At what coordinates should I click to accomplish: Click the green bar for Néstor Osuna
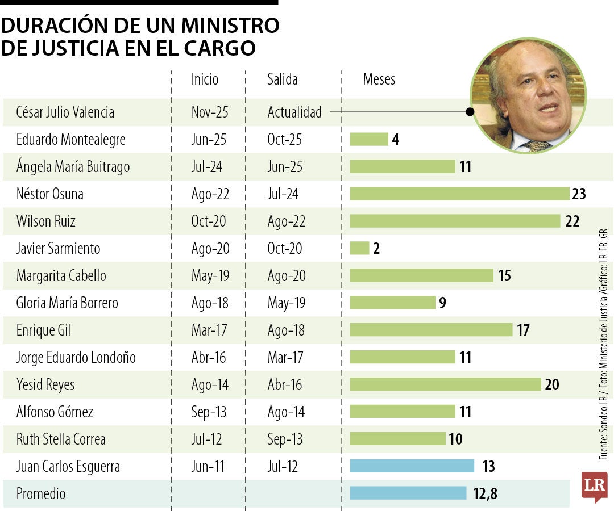point(459,194)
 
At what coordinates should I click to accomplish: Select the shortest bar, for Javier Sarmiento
point(359,248)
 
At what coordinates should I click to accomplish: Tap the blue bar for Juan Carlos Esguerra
point(412,466)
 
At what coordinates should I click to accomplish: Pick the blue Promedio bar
point(408,493)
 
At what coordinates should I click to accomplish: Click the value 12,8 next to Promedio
point(485,494)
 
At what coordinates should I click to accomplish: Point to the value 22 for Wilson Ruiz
point(572,221)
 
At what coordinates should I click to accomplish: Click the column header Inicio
point(205,79)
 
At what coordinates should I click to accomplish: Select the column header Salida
point(283,79)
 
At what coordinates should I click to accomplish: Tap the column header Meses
point(379,79)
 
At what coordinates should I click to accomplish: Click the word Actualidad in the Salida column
point(294,112)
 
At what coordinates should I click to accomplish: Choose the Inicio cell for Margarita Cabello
point(210,275)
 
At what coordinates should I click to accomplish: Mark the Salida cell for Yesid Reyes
point(285,384)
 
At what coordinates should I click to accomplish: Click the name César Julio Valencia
point(65,112)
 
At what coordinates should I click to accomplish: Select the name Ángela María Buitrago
point(73,166)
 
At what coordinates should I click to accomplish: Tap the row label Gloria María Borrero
point(67,303)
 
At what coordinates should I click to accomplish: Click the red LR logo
point(594,486)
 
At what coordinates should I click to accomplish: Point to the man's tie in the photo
point(537,145)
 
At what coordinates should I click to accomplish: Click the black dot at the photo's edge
point(470,112)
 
